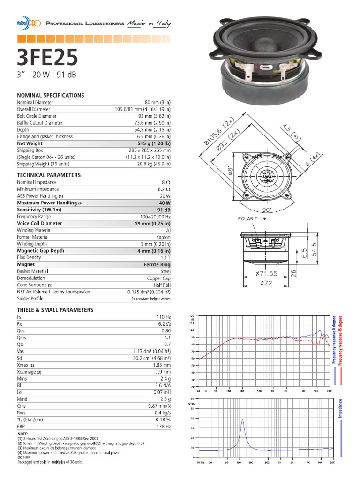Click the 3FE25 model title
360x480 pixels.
46,59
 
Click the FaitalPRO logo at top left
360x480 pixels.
28,23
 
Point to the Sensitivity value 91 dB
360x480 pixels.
164,210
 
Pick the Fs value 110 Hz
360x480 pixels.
163,317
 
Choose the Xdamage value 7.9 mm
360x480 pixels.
162,371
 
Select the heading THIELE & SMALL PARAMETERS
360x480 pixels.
55,310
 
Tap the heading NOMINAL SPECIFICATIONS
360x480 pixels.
51,95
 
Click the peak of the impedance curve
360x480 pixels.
242,420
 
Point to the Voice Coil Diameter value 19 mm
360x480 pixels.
152,223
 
